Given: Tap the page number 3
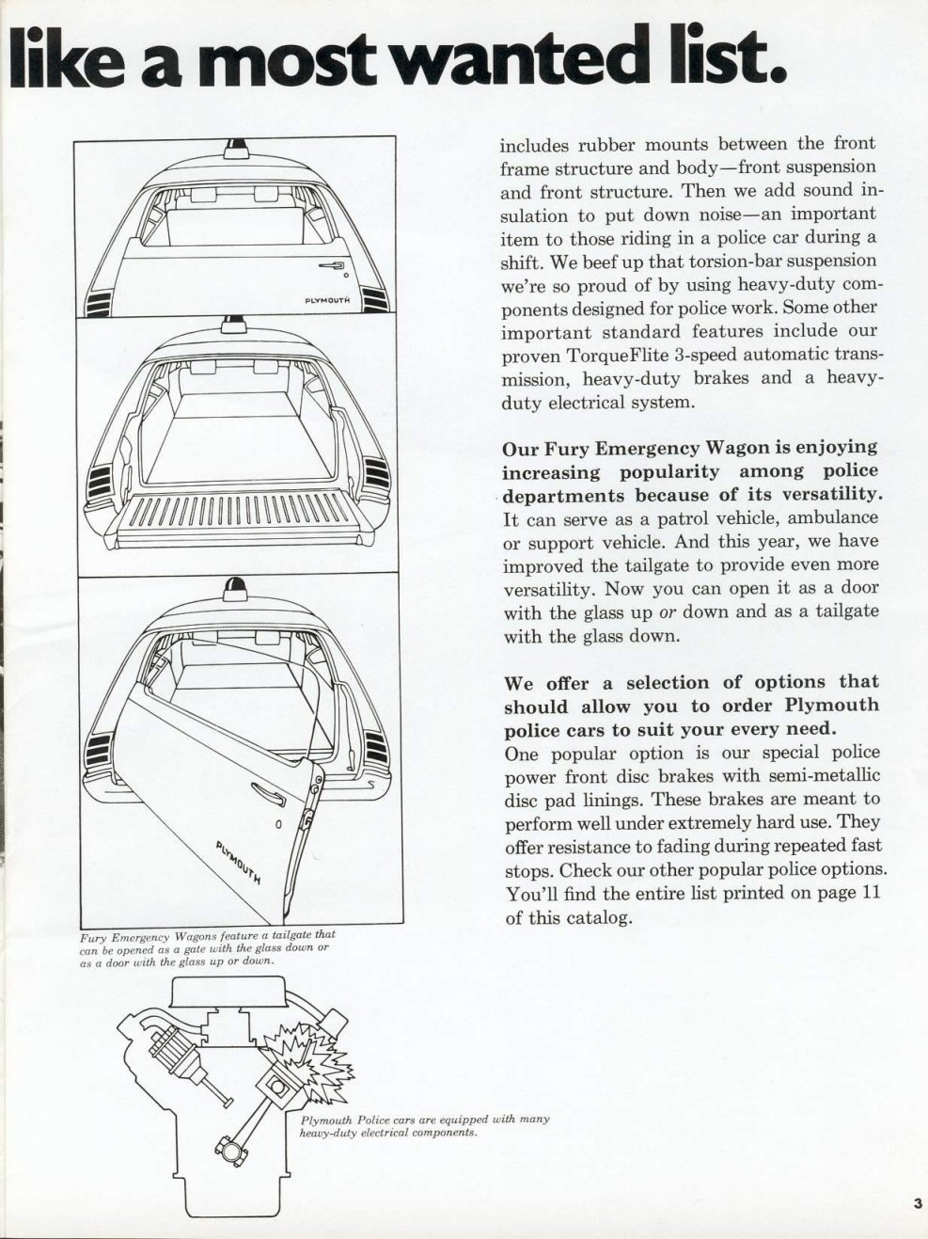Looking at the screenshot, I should [915, 1202].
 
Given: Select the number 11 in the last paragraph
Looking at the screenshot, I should [871, 893].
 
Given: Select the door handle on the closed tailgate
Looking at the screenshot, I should [331, 267].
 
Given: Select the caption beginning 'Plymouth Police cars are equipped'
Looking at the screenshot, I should [424, 1126].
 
